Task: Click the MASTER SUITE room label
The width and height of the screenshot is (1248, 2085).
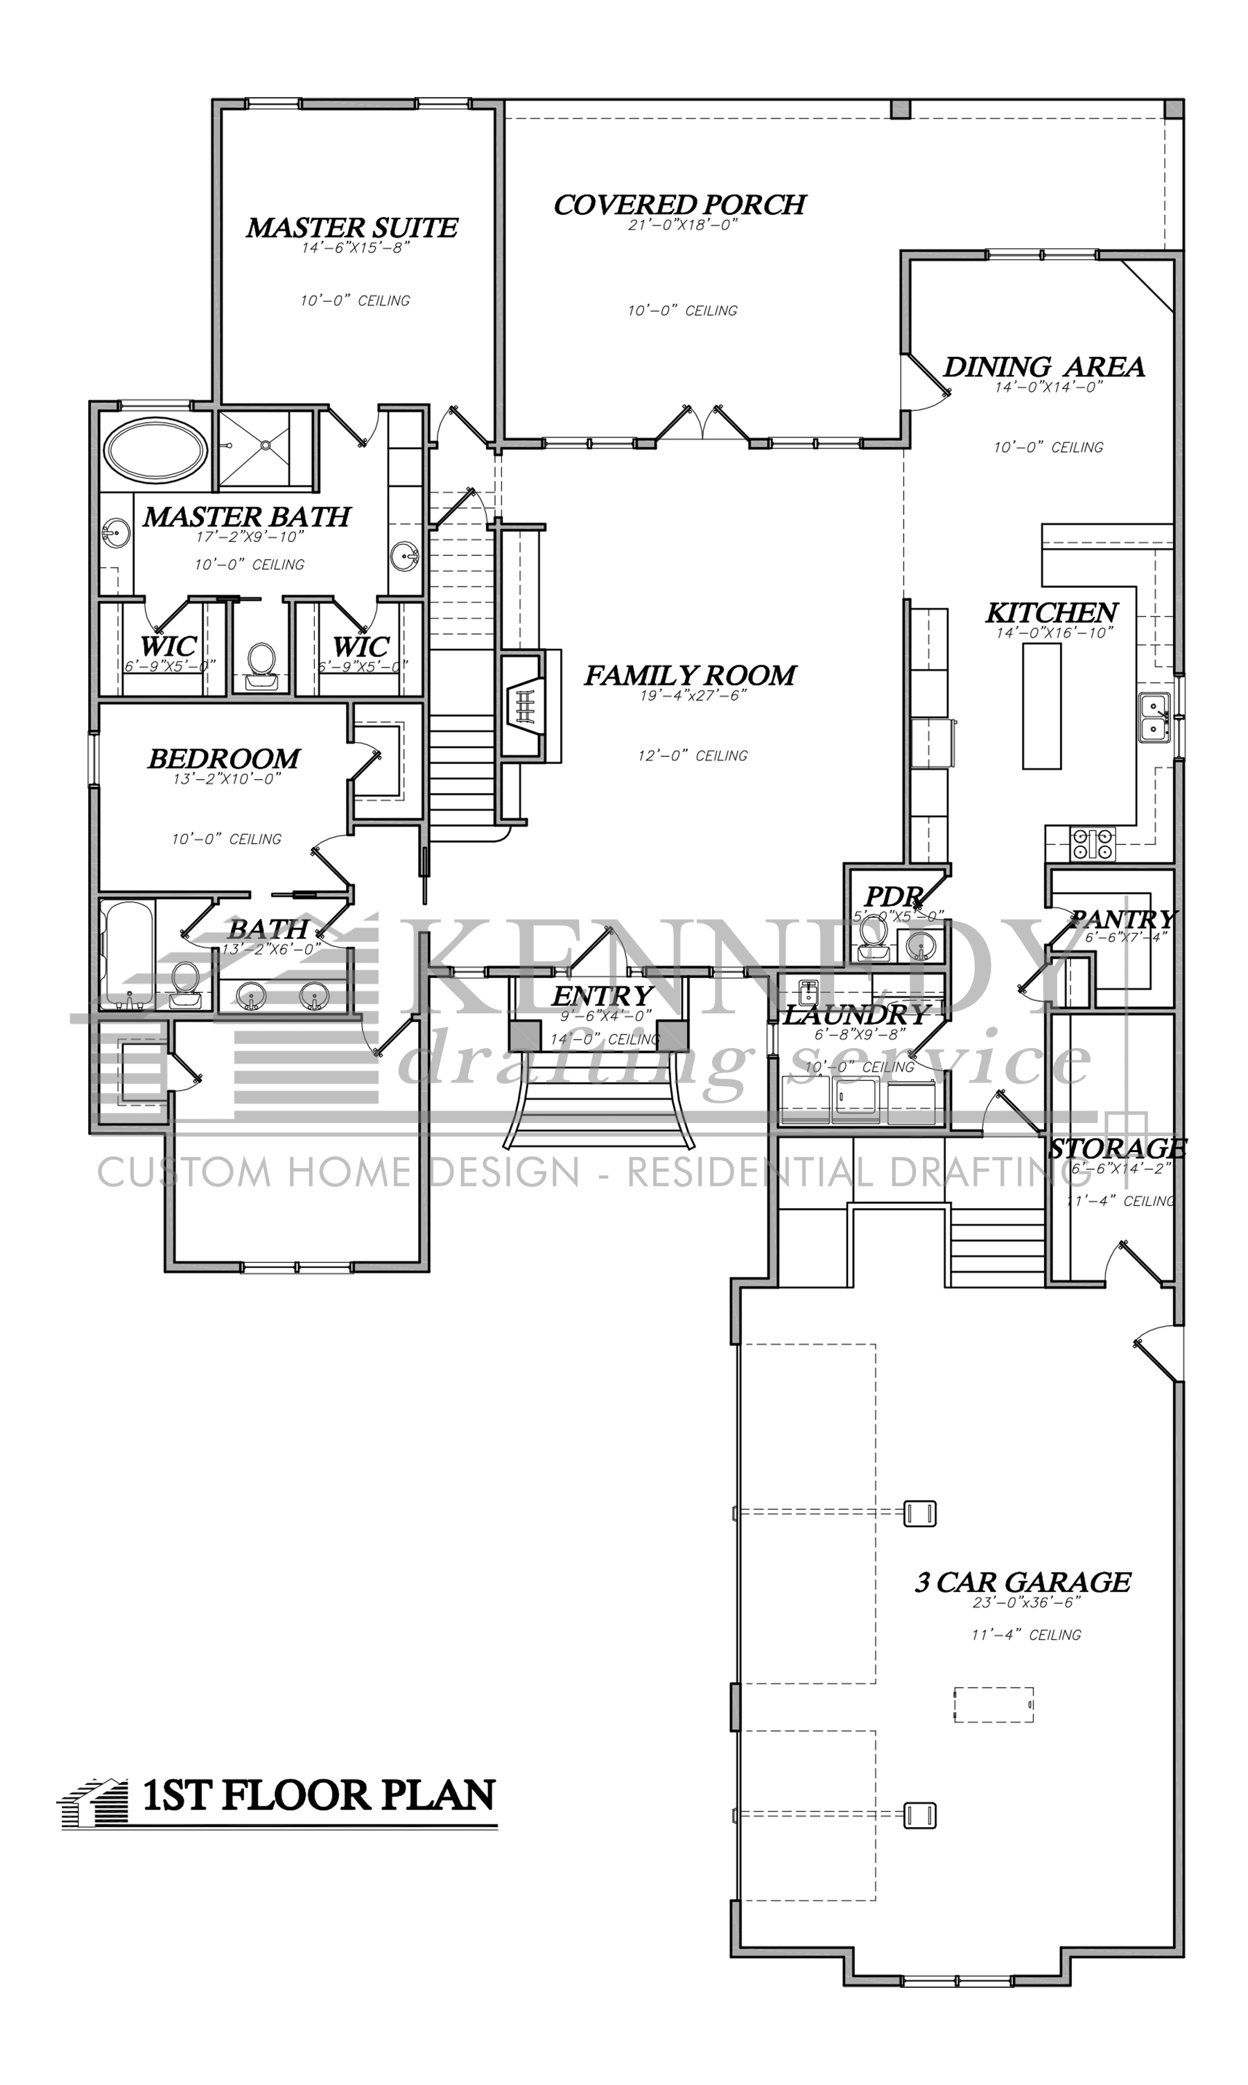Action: (x=352, y=228)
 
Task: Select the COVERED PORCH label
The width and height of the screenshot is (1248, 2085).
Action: (x=679, y=204)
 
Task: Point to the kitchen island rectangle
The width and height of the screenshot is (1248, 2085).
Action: (x=1041, y=707)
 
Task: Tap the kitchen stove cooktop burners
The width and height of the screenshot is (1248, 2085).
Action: (x=1093, y=844)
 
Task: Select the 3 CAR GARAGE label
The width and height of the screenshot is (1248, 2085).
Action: (x=1023, y=1582)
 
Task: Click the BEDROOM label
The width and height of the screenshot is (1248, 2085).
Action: (x=224, y=758)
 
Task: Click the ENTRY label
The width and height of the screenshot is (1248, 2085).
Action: (x=602, y=996)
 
